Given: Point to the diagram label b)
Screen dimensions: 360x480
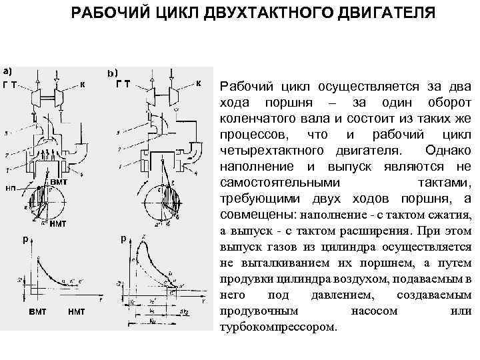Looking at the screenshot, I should [x=113, y=71].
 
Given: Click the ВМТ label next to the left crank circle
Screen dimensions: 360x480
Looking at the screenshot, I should [x=58, y=181].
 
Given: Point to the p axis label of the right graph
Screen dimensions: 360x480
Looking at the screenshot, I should [x=123, y=238].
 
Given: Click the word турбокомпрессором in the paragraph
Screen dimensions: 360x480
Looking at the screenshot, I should [x=279, y=327].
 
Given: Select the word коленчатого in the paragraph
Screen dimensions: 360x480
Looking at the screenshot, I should [x=250, y=119].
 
